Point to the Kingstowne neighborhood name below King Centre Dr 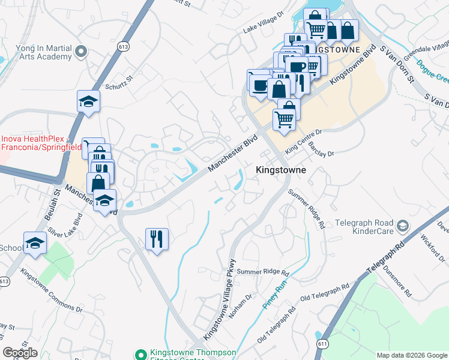[x=281, y=170]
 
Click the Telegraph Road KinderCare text [x=364, y=226]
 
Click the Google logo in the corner [x=20, y=353]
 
